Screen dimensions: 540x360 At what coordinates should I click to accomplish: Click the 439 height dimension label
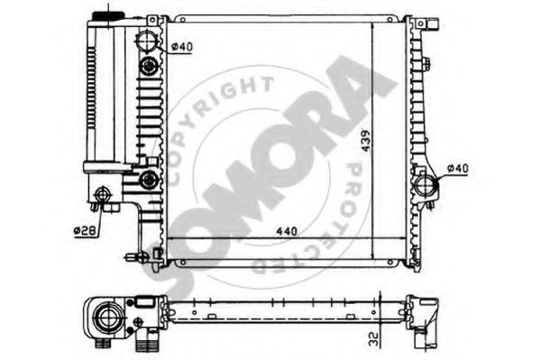[x=366, y=141]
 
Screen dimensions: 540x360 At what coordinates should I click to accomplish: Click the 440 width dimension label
[x=287, y=231]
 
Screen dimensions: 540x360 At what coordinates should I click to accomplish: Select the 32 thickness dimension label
[x=373, y=339]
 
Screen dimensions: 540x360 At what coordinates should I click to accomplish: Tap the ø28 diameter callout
[x=85, y=231]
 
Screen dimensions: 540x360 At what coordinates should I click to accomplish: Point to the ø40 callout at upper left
[x=182, y=47]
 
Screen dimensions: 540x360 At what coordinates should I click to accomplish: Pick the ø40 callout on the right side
[x=458, y=169]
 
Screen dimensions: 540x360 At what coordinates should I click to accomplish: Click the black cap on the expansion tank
[x=108, y=15]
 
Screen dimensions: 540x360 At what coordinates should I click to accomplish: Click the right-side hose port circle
[x=426, y=186]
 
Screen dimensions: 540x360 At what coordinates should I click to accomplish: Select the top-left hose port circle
[x=148, y=41]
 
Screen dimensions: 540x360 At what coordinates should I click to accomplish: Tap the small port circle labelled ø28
[x=102, y=195]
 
